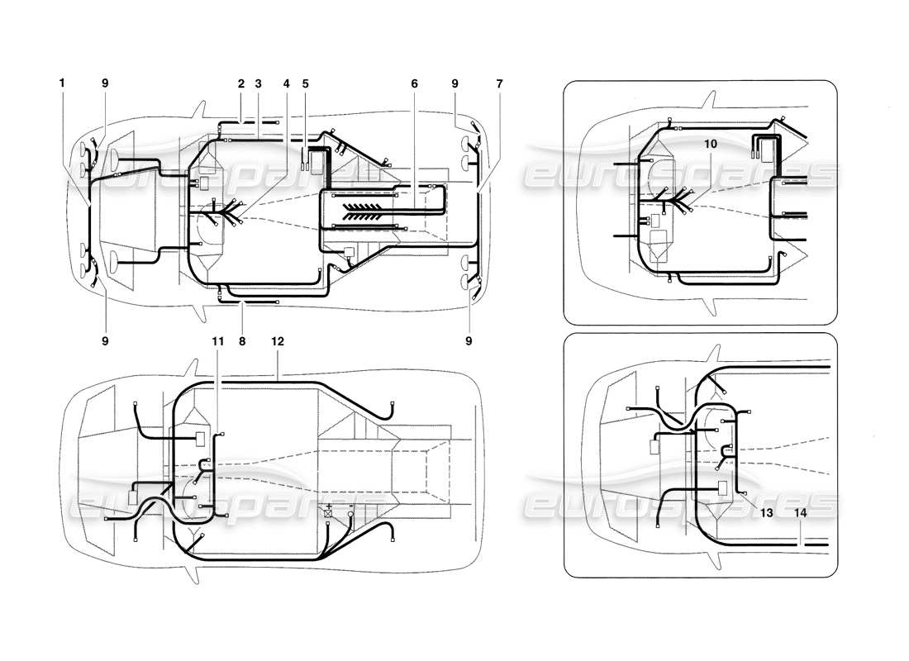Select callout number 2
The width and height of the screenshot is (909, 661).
pos(241,83)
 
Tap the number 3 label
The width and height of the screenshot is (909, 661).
pos(259,83)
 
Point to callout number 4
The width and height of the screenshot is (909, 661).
pos(287,83)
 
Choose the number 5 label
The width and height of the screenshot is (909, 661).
pos(305,83)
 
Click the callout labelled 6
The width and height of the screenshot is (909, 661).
pos(414,83)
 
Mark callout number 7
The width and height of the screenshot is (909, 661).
pos(498,83)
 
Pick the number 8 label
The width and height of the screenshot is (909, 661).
pos(241,339)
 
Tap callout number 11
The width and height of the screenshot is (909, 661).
pos(217,339)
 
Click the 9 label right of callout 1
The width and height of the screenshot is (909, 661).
pos(105,83)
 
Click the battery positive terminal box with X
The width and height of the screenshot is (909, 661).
pos(329,513)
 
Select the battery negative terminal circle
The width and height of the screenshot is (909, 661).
pos(350,514)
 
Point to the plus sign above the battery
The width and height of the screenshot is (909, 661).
pos(329,504)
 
